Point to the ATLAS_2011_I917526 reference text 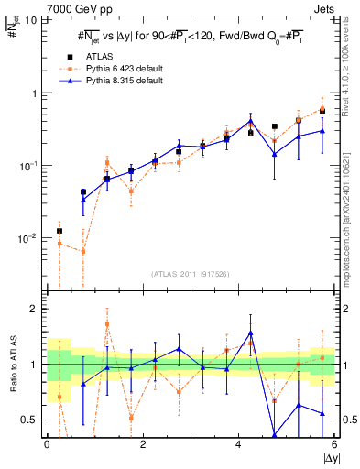click(x=189, y=273)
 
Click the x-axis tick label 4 click(x=238, y=444)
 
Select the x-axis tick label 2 click(x=142, y=444)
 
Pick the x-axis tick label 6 click(x=333, y=444)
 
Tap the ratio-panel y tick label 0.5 click(x=28, y=420)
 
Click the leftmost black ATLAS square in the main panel click(x=60, y=231)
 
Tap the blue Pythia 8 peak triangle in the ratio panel click(x=250, y=333)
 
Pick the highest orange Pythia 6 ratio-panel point click(x=107, y=323)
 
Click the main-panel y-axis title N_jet click(x=14, y=36)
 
